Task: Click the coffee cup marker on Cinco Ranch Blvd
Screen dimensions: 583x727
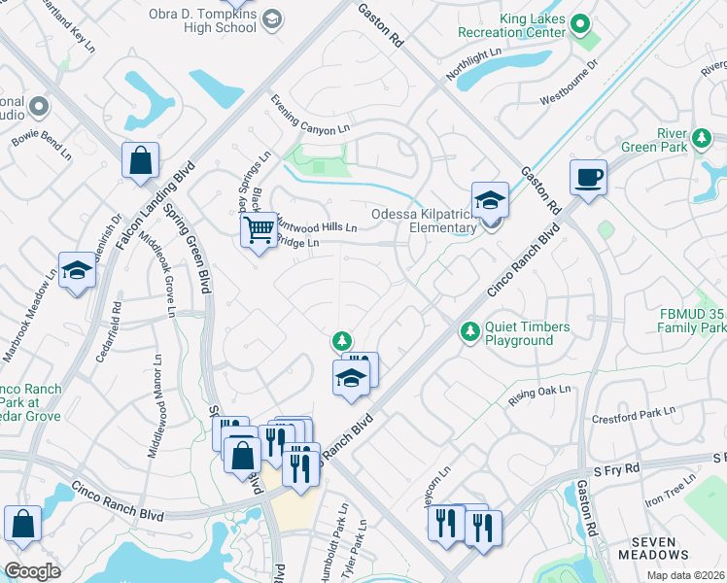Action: tap(588, 178)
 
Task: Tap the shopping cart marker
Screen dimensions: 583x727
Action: tap(259, 230)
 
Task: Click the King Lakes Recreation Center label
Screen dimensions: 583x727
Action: tap(532, 25)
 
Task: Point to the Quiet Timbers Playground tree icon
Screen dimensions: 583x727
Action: tap(469, 332)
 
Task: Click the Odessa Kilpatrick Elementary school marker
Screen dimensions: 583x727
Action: tap(491, 201)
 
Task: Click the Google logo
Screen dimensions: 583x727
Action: tap(32, 571)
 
